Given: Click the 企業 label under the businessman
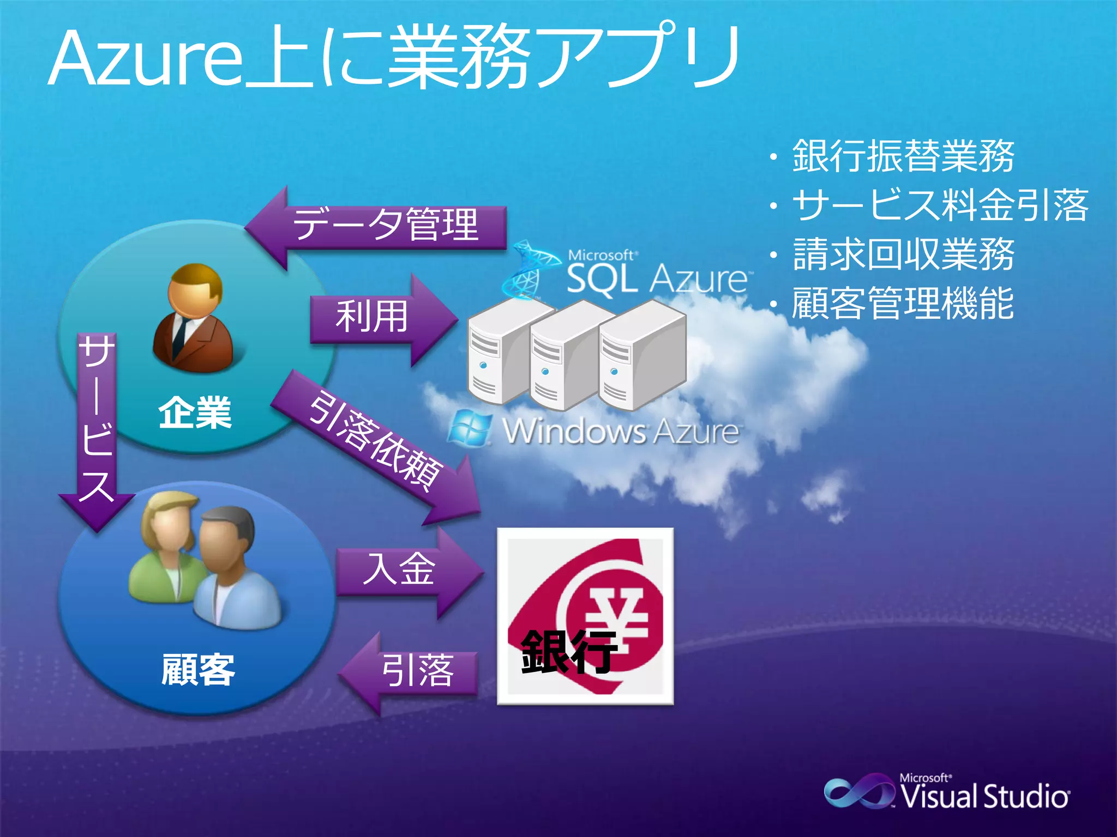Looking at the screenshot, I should (x=195, y=413).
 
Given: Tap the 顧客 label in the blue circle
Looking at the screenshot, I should (x=197, y=670).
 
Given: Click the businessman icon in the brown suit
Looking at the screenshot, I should (x=193, y=319).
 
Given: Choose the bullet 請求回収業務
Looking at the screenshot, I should (x=903, y=254).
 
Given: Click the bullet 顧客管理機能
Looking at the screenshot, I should (x=903, y=303).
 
